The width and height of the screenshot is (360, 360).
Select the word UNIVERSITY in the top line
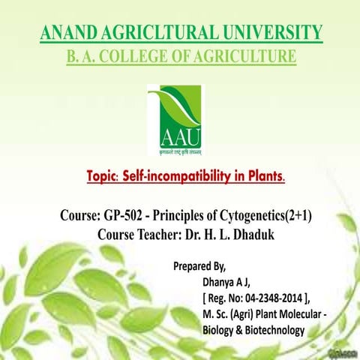tap(272, 33)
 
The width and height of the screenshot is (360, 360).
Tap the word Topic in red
tap(103, 178)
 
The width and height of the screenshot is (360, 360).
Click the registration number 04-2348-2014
tap(271, 298)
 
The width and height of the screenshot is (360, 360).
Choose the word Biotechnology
tap(271, 330)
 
